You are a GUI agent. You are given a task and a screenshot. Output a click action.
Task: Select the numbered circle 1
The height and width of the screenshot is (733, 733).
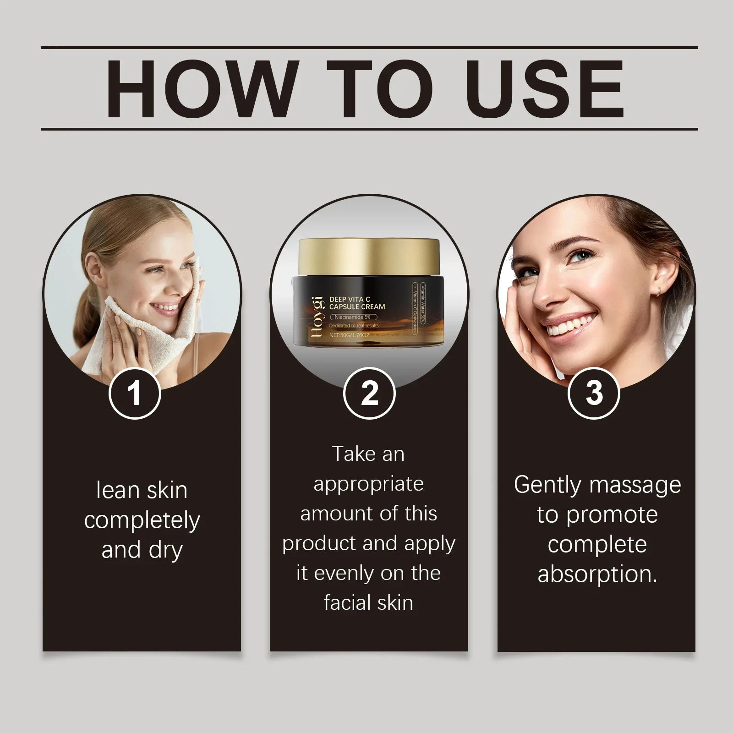[x=135, y=393]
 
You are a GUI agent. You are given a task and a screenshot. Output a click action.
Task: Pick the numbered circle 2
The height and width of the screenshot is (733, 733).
[x=369, y=393]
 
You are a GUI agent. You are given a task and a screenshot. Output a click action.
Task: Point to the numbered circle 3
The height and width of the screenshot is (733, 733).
[x=594, y=393]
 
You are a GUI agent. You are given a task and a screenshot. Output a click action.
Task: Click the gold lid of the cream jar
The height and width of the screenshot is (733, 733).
[x=369, y=257]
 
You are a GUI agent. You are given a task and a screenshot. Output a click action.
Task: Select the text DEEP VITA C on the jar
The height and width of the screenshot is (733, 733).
[x=350, y=299]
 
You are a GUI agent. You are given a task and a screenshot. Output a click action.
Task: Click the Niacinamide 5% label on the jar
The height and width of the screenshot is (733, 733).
[x=353, y=317]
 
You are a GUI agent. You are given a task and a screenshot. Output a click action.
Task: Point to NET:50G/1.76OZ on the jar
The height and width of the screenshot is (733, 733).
[x=349, y=335]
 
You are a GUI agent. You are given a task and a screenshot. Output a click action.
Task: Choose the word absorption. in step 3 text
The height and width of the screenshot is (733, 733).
[x=597, y=574]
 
